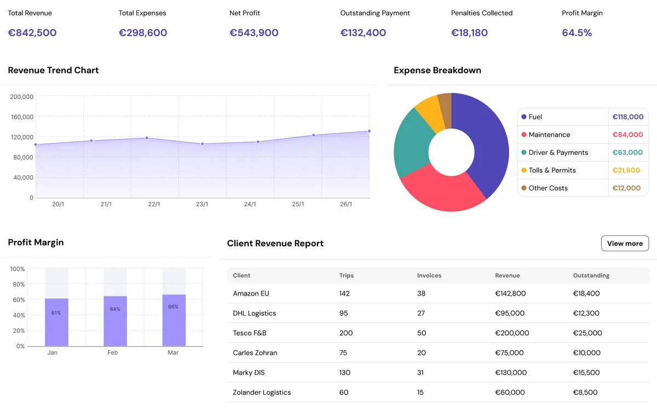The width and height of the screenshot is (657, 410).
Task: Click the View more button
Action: pyautogui.click(x=625, y=244)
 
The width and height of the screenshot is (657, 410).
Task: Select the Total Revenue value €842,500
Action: pyautogui.click(x=32, y=33)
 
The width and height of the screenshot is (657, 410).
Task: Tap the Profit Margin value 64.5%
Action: pyautogui.click(x=577, y=33)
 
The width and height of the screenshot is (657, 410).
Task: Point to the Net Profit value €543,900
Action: pyautogui.click(x=253, y=33)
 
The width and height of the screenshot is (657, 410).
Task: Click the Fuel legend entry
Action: pyautogui.click(x=535, y=117)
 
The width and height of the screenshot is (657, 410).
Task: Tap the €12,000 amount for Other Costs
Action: pyautogui.click(x=626, y=188)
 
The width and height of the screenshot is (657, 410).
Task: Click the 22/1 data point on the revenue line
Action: pyautogui.click(x=147, y=138)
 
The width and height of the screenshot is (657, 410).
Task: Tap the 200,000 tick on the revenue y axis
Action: pyautogui.click(x=22, y=97)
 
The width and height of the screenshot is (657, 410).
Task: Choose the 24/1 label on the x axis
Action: pyautogui.click(x=250, y=204)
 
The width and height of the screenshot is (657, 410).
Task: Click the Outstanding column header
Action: pyautogui.click(x=591, y=275)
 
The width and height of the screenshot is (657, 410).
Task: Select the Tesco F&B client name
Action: pyautogui.click(x=250, y=333)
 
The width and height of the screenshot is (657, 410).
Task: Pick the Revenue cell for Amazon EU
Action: pyautogui.click(x=510, y=293)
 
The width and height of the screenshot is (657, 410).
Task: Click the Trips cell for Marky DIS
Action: pyautogui.click(x=344, y=372)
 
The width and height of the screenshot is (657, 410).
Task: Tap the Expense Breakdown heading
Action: pyautogui.click(x=437, y=70)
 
